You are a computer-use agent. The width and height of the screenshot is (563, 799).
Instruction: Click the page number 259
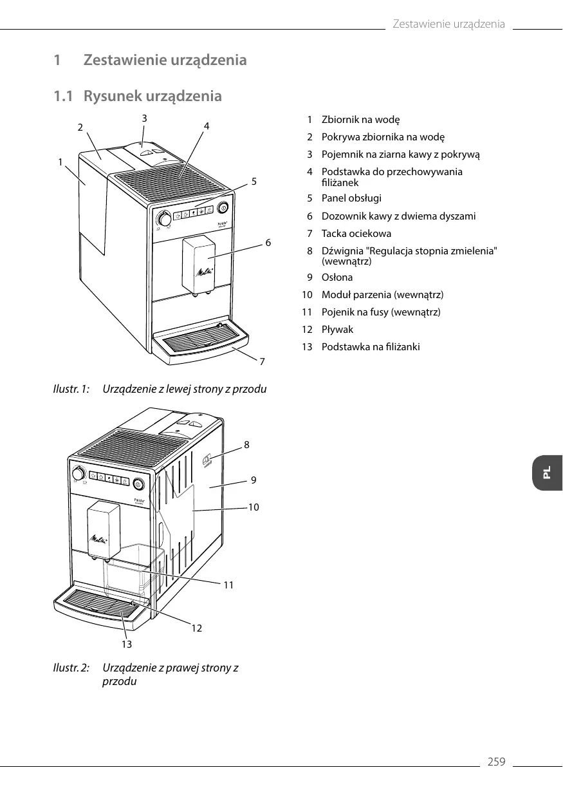[x=496, y=762]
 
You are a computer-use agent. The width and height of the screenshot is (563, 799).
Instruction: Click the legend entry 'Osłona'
[x=337, y=277]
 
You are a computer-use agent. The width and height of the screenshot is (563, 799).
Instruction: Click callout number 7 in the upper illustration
[x=262, y=362]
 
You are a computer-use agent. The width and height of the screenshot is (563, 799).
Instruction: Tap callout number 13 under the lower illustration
[x=127, y=644]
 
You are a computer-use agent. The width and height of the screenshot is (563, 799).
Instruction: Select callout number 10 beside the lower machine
[x=254, y=507]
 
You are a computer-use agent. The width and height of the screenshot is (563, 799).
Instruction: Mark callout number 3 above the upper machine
[x=144, y=118]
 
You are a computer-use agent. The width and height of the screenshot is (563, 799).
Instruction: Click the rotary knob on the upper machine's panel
[x=165, y=220]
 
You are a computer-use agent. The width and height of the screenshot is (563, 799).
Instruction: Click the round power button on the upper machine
[x=223, y=207]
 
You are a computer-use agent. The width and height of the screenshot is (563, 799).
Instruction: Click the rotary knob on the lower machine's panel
[x=78, y=473]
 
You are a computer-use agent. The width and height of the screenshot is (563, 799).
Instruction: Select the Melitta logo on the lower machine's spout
[x=98, y=538]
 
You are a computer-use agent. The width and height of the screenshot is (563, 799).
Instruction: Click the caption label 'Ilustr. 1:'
[x=70, y=390]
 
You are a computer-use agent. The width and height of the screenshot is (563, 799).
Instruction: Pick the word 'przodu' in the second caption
[x=120, y=681]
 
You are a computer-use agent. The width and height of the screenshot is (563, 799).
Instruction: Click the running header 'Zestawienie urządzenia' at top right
[x=448, y=24]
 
